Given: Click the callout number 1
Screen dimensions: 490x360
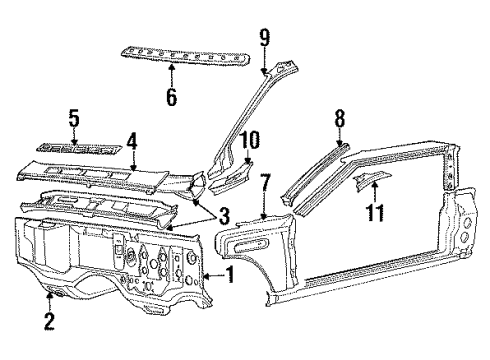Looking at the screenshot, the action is coord(230,275).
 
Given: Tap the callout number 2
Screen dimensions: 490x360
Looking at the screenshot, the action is coord(49,321).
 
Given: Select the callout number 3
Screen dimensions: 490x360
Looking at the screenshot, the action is coord(224,216).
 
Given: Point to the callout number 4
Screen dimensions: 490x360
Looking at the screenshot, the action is coord(132,142).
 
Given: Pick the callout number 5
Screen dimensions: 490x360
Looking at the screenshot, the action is coord(74,118).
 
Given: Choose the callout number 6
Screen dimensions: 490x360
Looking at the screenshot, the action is coord(172,96).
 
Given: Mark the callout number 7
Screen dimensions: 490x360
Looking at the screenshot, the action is coord(265,183).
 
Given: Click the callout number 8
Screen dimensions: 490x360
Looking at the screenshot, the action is coord(339,118).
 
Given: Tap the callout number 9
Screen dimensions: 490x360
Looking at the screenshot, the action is coord(265,38).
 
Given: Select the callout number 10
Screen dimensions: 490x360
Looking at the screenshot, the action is coord(249,140).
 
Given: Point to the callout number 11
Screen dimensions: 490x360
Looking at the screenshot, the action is coord(375,212).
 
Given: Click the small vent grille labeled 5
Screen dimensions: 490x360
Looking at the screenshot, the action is coord(79,148).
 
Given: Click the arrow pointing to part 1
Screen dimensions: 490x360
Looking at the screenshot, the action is coord(213,276).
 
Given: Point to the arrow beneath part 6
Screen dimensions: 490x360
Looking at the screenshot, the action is coord(172,74).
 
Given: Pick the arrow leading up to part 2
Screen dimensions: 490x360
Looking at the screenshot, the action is coord(49,302).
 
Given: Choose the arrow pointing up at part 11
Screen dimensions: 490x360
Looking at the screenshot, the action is coord(375,191).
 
